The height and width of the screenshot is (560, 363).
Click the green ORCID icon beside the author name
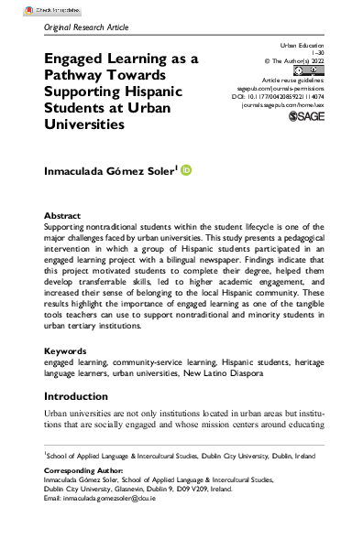(x=187, y=170)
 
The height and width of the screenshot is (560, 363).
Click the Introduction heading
(x=84, y=397)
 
